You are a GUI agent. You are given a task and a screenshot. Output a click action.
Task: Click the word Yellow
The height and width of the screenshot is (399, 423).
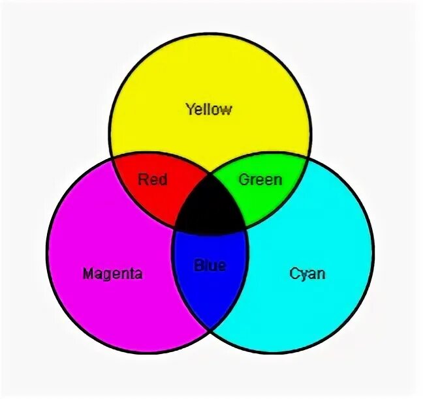(208, 109)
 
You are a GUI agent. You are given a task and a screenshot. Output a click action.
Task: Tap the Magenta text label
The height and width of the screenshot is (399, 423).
(112, 273)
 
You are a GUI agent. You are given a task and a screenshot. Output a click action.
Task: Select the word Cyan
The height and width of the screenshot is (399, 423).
(307, 273)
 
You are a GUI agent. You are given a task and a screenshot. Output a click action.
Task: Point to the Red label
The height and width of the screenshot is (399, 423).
(153, 179)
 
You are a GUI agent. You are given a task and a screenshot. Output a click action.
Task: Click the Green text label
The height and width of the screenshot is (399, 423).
(260, 179)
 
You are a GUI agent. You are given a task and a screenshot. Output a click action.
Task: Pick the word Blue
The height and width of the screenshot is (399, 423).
(210, 265)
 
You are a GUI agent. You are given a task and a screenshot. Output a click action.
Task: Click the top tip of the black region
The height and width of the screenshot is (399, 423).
(210, 173)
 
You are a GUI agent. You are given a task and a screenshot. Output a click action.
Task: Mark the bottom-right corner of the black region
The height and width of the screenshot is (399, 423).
(246, 229)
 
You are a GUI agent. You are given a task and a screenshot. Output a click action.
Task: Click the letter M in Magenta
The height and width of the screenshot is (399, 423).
(88, 273)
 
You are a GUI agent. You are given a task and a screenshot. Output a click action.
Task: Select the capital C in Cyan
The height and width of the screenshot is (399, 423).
(294, 273)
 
